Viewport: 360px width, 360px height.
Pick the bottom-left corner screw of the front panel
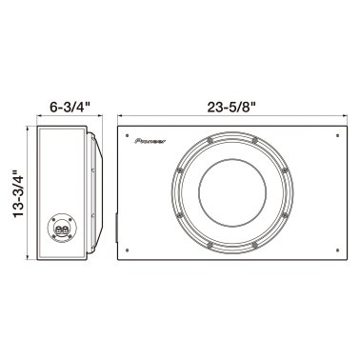click(x=126, y=251)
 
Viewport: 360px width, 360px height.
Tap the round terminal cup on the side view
click(x=61, y=229)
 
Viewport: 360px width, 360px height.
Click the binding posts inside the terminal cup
click(x=61, y=230)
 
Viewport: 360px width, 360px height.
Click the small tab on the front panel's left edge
click(x=116, y=229)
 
